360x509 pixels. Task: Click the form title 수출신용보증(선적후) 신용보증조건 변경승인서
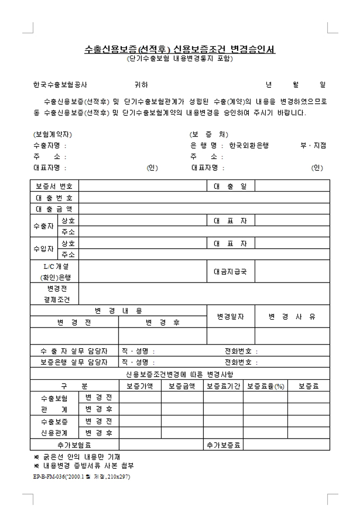tap(180, 49)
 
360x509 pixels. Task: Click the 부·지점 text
tap(313, 145)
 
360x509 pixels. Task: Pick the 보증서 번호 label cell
tap(55, 186)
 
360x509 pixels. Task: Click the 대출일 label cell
tap(230, 186)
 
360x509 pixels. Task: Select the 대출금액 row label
tap(55, 209)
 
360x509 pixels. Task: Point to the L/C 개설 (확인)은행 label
tap(55, 271)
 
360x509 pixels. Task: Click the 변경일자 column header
tap(230, 316)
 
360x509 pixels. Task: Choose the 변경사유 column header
tap(292, 316)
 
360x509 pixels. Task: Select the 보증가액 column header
tap(140, 386)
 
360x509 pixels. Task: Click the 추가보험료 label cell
tap(74, 444)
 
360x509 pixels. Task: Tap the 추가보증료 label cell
tap(224, 444)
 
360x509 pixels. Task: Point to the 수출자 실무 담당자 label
tap(74, 351)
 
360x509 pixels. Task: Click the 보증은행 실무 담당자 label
tap(74, 362)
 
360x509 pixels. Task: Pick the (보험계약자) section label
tap(52, 134)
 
